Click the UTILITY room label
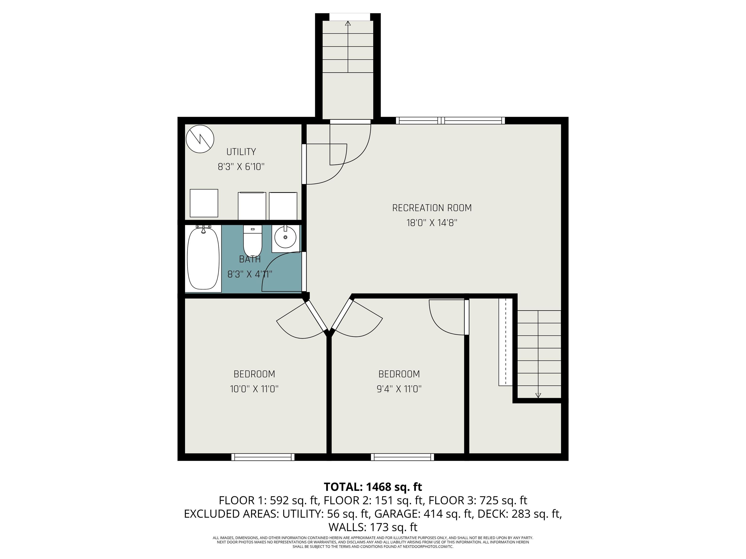(241, 152)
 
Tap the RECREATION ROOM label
(432, 208)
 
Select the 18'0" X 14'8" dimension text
(432, 223)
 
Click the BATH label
(250, 259)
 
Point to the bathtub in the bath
(203, 258)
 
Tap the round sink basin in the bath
(285, 237)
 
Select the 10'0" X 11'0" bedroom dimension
(254, 389)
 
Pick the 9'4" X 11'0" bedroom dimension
(399, 389)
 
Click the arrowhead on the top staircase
(348, 23)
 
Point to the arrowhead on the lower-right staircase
(538, 395)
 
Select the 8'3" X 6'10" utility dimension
(241, 167)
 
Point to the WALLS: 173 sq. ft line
(373, 527)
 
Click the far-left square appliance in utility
(204, 203)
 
